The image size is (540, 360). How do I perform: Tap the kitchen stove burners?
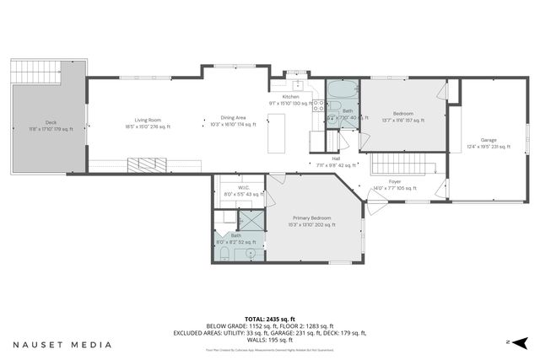tap(319, 106)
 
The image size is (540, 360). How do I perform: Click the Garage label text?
tap(489, 142)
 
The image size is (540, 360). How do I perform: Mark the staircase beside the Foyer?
tap(402, 161)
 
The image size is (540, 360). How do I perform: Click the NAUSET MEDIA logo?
tap(62, 344)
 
